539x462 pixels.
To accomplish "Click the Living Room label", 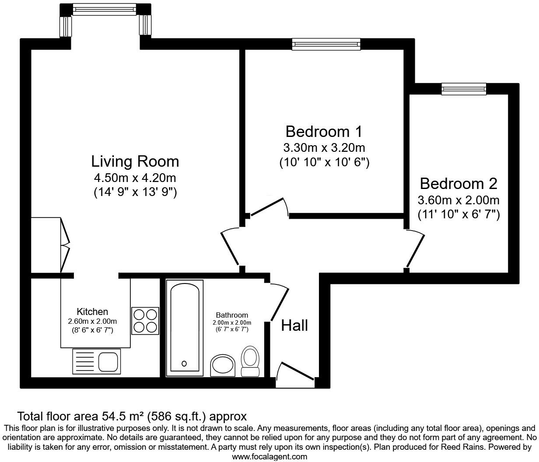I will [135, 161].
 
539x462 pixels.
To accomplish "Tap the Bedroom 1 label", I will [324, 131].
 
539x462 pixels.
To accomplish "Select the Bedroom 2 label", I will [458, 183].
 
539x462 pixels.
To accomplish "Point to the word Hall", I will [294, 325].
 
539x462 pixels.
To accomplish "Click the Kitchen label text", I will [92, 312].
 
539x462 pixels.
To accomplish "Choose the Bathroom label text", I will [232, 315].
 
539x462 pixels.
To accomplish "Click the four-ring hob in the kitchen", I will [145, 321].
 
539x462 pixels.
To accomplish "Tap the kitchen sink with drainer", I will [96, 361].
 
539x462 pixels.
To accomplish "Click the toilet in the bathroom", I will [250, 361].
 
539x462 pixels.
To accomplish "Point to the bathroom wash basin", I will [223, 365].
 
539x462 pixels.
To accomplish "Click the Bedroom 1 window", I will [326, 44].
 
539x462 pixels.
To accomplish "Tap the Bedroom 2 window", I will [464, 89].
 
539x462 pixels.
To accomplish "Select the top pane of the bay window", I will [105, 9].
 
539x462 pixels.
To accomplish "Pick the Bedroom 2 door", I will [415, 249].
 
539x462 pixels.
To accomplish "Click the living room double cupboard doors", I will [64, 245].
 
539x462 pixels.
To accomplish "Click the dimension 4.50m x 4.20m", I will [135, 178].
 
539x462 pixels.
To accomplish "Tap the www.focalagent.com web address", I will [269, 457].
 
